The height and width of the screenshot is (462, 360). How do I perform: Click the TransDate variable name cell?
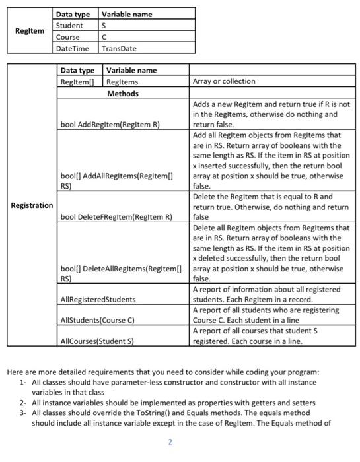coord(120,48)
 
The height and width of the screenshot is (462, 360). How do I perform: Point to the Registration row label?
coord(32,205)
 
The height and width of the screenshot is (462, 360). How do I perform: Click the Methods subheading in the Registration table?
coord(123,93)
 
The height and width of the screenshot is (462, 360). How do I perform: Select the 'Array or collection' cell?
coord(223,82)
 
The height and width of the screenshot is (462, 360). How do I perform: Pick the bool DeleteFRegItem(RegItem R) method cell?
coord(116,216)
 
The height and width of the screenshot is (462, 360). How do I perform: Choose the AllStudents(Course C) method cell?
coord(96,320)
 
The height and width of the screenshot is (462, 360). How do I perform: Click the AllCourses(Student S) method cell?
coord(96,341)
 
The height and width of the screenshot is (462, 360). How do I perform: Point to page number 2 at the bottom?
coord(170,442)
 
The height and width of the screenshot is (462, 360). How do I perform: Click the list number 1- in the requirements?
coord(24,382)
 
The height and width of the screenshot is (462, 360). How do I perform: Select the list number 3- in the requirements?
coord(24,412)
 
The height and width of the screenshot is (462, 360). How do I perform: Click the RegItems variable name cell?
coord(122,82)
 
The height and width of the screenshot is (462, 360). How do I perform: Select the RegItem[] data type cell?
coord(78,82)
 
